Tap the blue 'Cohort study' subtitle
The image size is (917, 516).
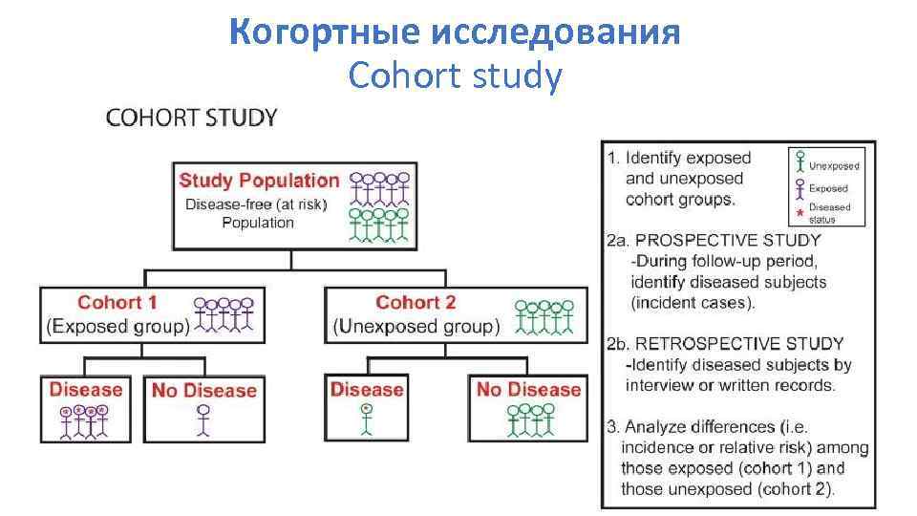click(x=456, y=75)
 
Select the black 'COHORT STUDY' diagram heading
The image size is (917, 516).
click(x=191, y=118)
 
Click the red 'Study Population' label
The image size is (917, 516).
click(x=259, y=180)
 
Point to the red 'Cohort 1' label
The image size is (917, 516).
click(x=117, y=303)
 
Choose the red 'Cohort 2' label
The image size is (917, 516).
click(x=416, y=303)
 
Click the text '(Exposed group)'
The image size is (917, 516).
click(x=117, y=327)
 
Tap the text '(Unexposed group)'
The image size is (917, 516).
click(x=416, y=327)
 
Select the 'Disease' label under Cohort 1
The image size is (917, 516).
click(x=86, y=389)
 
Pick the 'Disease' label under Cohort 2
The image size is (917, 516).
click(x=367, y=389)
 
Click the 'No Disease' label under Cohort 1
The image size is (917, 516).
click(x=203, y=390)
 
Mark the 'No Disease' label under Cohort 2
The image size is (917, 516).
click(x=528, y=389)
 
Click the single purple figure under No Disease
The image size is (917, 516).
click(x=203, y=420)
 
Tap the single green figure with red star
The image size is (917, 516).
click(x=366, y=419)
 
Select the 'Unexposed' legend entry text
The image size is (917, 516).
click(x=834, y=165)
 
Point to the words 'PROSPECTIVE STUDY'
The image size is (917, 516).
click(x=727, y=241)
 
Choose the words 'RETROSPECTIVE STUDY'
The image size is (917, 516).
click(x=739, y=344)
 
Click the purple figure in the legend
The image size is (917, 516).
click(x=799, y=186)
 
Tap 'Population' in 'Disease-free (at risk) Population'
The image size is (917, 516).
click(x=258, y=223)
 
